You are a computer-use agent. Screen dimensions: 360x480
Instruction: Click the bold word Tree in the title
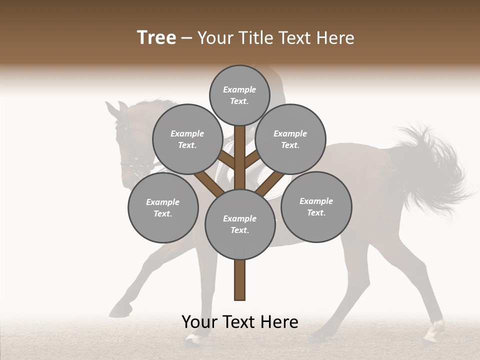pos(156,38)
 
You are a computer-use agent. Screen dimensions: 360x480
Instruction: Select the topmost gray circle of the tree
pos(239,95)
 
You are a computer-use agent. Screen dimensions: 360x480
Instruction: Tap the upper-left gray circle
pos(187,139)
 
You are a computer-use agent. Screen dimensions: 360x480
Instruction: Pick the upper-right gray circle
pos(290,139)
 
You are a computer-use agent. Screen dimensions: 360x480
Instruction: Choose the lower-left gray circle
pos(163,207)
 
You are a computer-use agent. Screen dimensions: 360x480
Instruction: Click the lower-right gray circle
pos(316,206)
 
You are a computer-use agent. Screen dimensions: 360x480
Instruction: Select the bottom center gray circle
pos(240,224)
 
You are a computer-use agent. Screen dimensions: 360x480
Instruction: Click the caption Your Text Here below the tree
pos(240,322)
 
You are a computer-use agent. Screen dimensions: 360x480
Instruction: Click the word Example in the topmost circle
pos(239,89)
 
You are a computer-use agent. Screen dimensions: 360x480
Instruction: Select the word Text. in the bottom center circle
pos(239,230)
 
